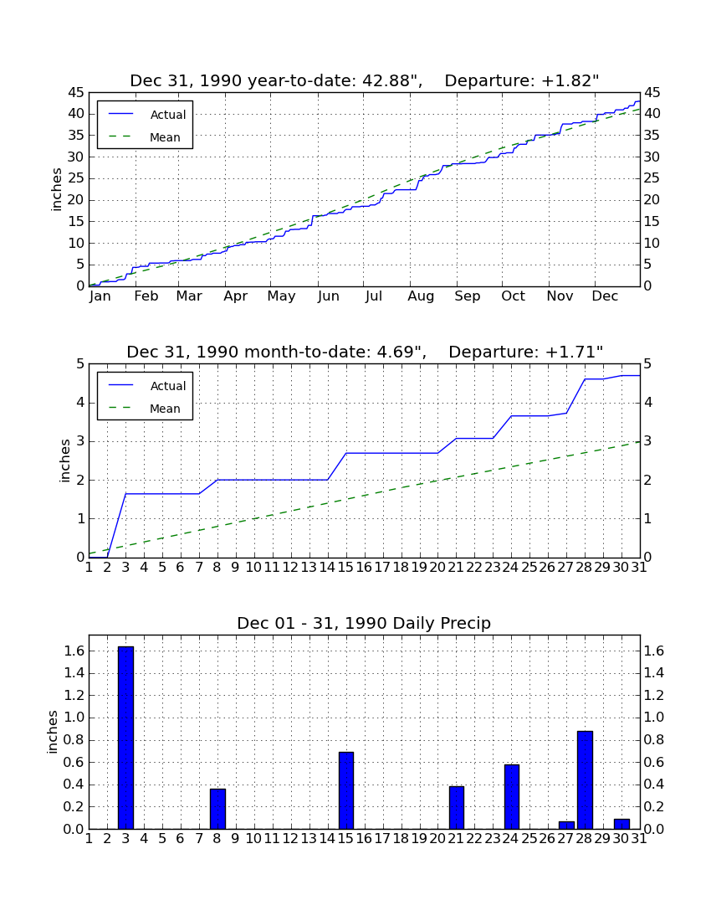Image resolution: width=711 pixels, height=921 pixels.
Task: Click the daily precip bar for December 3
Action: [x=125, y=738]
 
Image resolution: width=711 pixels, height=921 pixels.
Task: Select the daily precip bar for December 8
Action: [x=217, y=809]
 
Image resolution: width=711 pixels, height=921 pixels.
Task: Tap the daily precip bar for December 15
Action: [x=346, y=790]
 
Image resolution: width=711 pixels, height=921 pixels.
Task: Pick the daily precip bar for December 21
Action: [x=457, y=808]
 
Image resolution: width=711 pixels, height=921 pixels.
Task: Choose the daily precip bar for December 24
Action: [x=512, y=796]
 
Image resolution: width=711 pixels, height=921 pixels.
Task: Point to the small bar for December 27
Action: [x=566, y=826]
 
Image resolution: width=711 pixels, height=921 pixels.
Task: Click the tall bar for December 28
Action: [x=585, y=780]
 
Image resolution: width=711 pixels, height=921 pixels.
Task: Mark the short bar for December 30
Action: [x=621, y=824]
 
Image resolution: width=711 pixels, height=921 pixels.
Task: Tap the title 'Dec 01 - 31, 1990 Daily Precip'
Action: [x=364, y=623]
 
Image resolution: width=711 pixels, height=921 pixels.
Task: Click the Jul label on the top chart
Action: [x=374, y=296]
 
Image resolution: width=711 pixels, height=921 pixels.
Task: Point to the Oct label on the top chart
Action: [x=513, y=296]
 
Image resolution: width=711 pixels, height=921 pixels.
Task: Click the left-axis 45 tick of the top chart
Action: [x=76, y=93]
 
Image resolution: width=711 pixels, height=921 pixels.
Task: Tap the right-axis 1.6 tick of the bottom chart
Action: [x=654, y=651]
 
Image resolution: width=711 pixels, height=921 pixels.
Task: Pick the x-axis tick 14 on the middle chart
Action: [x=327, y=568]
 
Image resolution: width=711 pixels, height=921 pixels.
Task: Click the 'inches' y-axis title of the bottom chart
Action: [x=53, y=732]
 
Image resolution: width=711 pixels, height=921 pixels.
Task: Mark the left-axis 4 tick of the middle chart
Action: [x=80, y=403]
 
